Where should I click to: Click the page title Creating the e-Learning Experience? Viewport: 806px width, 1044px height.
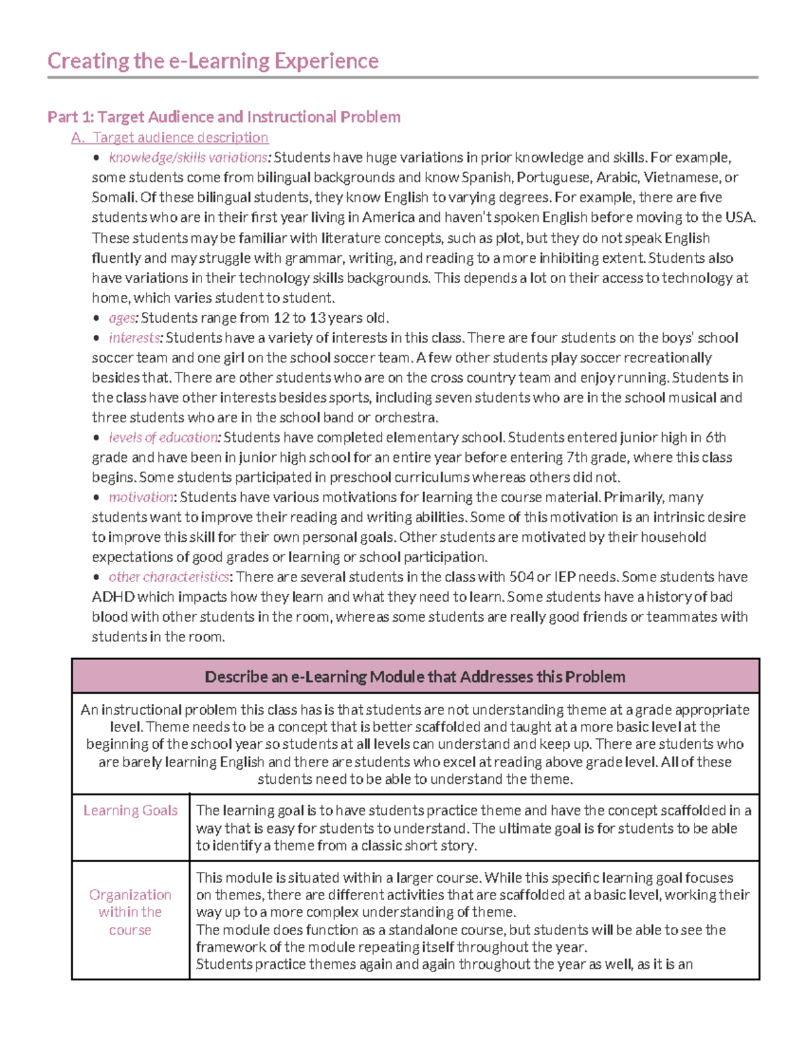tap(213, 61)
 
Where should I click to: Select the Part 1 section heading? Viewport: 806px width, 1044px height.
tap(224, 117)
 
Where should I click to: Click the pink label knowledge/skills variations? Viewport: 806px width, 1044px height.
tap(189, 158)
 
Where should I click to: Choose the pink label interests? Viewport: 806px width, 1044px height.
tap(135, 337)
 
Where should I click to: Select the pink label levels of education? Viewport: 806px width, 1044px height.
tap(164, 438)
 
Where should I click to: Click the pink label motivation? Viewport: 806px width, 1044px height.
tap(142, 497)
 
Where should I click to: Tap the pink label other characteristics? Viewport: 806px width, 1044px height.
tap(169, 577)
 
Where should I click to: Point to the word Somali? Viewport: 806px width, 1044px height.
tap(114, 198)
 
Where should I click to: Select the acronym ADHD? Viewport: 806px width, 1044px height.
tap(113, 597)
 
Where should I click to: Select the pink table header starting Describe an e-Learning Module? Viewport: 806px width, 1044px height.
tap(415, 676)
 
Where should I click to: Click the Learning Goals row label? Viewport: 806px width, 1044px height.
tap(130, 811)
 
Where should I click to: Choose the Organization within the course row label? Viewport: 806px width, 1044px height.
tap(130, 912)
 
